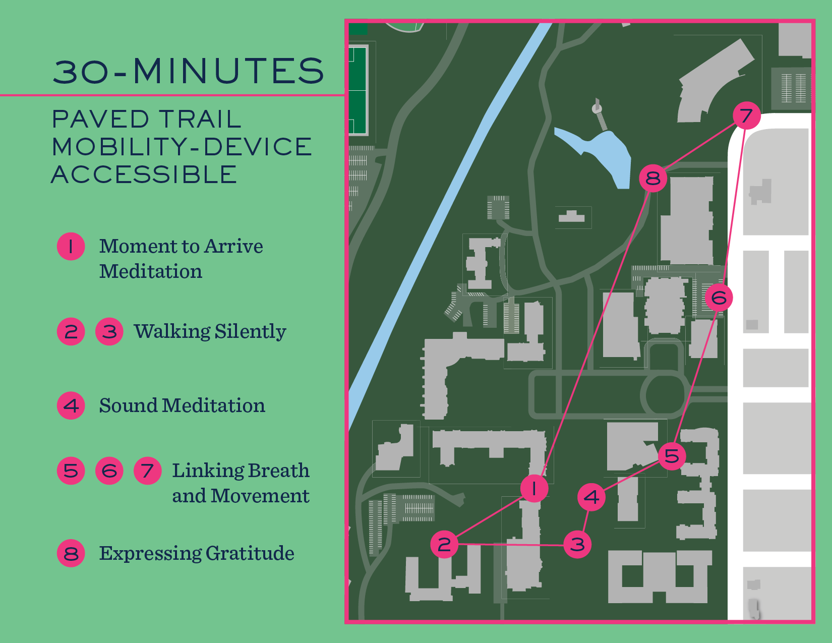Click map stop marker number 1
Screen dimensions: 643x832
coord(534,488)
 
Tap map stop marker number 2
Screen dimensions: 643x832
coord(444,544)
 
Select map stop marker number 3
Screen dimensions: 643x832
coord(577,544)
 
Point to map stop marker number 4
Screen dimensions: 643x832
coord(591,497)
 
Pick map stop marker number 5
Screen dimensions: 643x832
coord(672,456)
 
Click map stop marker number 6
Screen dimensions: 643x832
coord(719,298)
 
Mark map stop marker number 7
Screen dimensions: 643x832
coord(747,115)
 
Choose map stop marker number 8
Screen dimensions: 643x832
coord(653,178)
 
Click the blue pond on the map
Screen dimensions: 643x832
coord(605,151)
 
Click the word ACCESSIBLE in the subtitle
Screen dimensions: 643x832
coord(144,175)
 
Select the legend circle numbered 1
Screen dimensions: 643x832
coord(71,247)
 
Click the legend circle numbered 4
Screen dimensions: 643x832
coord(71,405)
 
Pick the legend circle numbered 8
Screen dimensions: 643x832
coord(71,553)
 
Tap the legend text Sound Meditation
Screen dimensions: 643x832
coord(182,405)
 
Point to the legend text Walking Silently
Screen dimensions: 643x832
coord(210,331)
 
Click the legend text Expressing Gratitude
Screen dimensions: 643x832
coord(196,553)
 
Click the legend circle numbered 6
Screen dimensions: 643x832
coord(109,471)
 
